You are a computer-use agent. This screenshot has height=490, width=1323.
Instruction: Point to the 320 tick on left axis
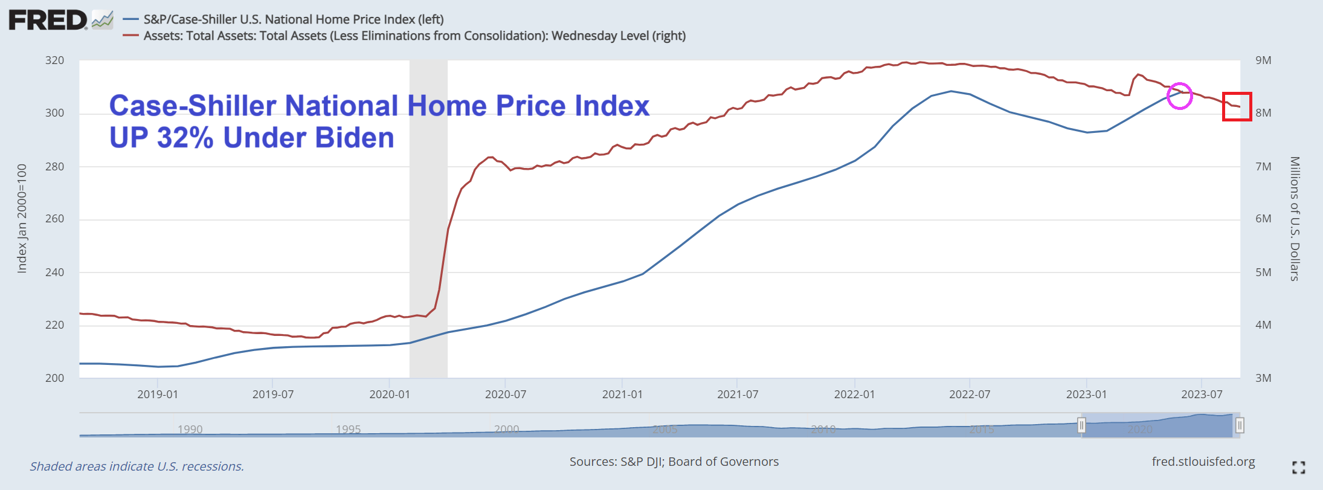[x=55, y=60]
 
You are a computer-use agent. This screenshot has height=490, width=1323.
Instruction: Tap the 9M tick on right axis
[x=1263, y=60]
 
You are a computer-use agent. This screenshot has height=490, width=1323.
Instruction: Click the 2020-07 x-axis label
[x=505, y=395]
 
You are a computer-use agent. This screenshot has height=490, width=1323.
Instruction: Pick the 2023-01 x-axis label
[x=1086, y=395]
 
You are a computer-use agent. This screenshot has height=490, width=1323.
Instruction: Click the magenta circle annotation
[x=1179, y=95]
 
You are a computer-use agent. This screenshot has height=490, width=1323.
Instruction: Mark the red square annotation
[x=1237, y=106]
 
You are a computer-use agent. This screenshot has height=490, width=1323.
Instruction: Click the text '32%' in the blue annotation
[x=185, y=138]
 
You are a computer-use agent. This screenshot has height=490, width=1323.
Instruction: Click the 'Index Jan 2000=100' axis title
[x=22, y=218]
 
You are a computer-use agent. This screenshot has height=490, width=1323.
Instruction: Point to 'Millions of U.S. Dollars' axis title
[x=1294, y=219]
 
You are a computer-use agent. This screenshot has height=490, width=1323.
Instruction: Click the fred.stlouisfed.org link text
[x=1203, y=462]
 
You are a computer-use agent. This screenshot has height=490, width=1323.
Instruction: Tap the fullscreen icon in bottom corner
[x=1298, y=467]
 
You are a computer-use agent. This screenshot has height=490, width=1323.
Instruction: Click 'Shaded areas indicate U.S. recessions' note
[x=137, y=466]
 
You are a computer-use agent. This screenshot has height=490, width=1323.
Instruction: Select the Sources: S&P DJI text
[x=674, y=462]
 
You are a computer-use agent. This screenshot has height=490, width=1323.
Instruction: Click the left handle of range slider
[x=1081, y=425]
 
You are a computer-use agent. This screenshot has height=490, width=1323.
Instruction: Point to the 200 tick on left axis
[x=55, y=378]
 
